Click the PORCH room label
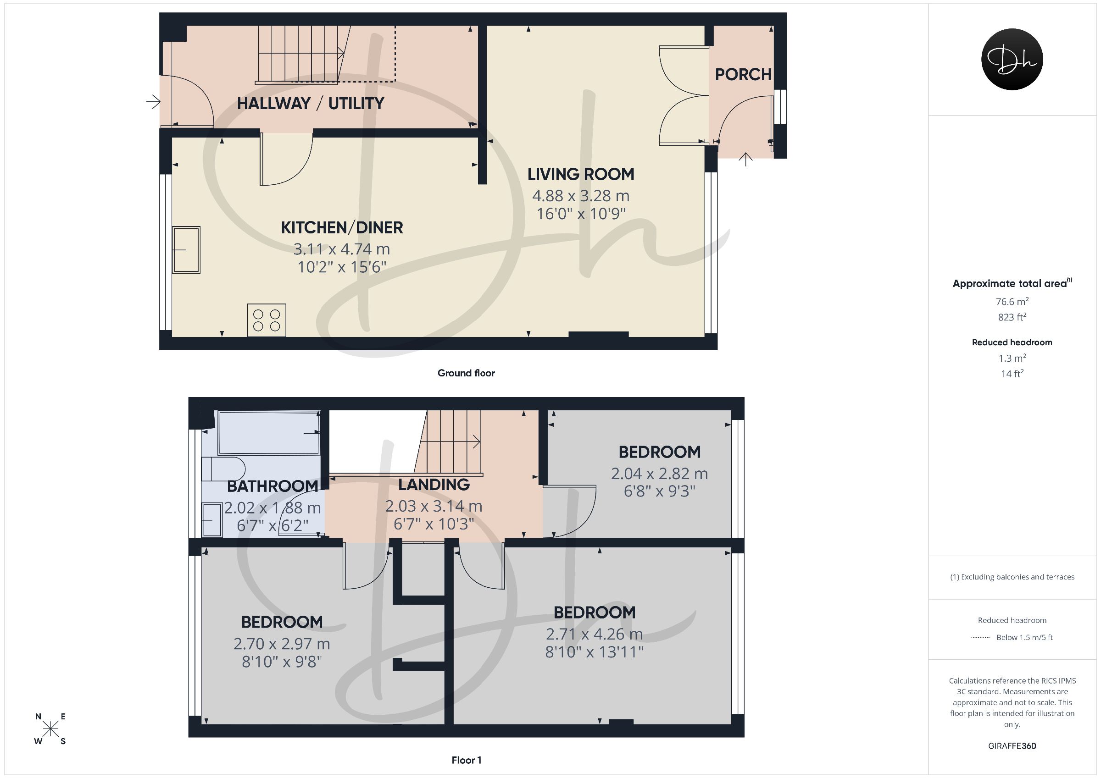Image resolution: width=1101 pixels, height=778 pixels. (x=743, y=74)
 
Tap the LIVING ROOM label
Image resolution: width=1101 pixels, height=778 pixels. (x=581, y=174)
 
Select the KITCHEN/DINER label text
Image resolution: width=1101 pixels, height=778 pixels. (x=342, y=228)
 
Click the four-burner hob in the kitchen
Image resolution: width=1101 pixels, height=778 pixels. (x=267, y=320)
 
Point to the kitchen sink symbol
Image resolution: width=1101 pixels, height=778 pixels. (x=187, y=250)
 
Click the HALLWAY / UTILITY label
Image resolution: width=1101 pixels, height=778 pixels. (x=311, y=104)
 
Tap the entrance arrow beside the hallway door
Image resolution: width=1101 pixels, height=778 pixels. (x=153, y=102)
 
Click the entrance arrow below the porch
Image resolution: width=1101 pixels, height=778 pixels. (x=745, y=159)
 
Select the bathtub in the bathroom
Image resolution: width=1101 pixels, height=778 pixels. (x=269, y=432)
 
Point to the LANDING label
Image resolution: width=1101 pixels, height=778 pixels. (x=434, y=485)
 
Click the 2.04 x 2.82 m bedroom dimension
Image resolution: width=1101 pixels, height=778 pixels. (x=659, y=474)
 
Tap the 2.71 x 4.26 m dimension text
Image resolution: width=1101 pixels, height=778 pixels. (x=594, y=634)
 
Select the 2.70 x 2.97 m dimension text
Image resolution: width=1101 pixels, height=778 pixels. (x=282, y=644)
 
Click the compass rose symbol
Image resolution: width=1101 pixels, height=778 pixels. (x=50, y=729)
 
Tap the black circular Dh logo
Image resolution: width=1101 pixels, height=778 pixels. (x=1012, y=59)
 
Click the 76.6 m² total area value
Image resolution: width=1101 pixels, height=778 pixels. (x=1012, y=302)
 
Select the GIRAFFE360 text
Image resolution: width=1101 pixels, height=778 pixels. (x=1012, y=746)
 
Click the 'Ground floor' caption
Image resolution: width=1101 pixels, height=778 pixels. (x=466, y=373)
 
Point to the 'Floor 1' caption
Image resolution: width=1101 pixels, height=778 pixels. (x=467, y=760)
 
